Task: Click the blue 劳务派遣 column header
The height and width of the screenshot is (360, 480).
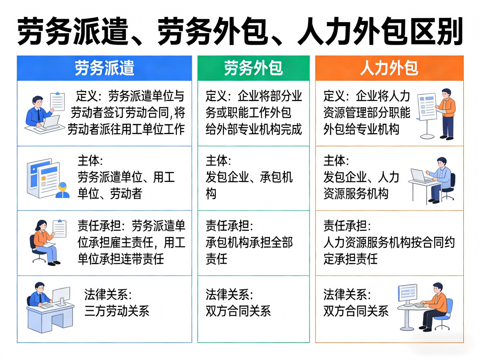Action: [104, 68]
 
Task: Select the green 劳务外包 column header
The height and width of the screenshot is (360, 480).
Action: [253, 68]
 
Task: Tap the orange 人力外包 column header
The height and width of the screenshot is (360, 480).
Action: [389, 68]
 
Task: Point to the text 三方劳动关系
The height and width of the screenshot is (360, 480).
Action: [117, 311]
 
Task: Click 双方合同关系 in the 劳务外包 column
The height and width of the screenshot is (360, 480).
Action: [238, 311]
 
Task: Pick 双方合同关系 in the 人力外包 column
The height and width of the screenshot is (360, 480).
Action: [356, 311]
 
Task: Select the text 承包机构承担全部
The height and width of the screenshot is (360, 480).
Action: [249, 243]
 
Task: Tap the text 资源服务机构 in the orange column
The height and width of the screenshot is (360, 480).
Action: [356, 194]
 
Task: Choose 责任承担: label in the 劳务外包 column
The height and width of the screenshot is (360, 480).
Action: [229, 226]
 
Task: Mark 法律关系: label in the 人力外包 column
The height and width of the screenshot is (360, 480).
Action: [347, 294]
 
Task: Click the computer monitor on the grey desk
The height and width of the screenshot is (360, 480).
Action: [61, 295]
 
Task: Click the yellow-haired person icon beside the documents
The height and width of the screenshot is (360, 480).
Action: [62, 190]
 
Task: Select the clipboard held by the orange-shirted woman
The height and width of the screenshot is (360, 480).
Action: [60, 229]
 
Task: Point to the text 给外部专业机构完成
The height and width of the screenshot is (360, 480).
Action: [254, 129]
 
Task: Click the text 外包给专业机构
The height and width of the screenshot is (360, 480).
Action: [361, 129]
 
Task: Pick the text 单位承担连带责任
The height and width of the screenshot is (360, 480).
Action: [121, 259]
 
